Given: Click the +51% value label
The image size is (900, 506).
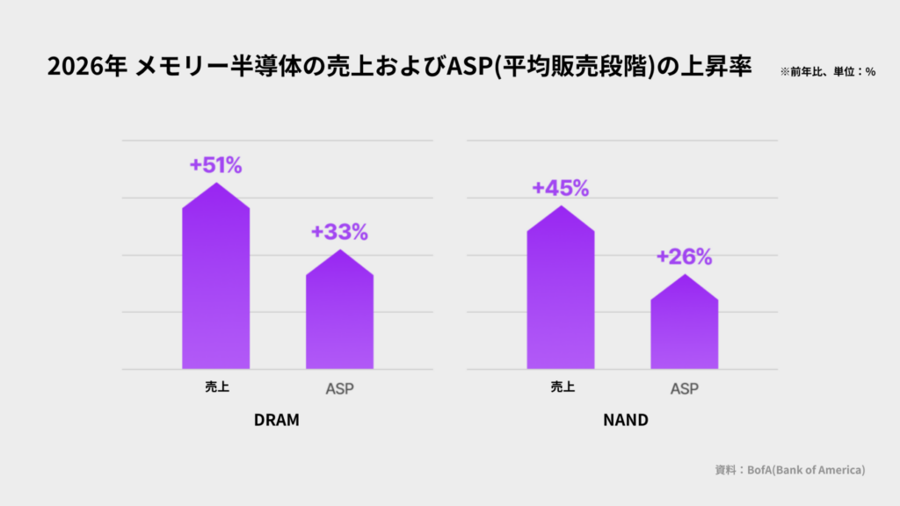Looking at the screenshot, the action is tap(216, 165).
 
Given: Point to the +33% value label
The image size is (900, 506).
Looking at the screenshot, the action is tap(339, 232).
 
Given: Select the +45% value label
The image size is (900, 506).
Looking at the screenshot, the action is tap(560, 188).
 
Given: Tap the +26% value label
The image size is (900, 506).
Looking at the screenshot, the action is tap(684, 257).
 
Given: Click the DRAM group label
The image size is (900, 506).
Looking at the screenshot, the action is tap(277, 420).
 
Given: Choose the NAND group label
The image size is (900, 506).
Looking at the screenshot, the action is tap(626, 420).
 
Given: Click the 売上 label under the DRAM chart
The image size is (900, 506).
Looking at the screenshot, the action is tap(217, 387).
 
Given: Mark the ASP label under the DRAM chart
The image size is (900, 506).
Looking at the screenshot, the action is tap(340, 389).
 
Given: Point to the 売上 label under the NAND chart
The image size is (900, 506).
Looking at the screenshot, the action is tap(562, 387).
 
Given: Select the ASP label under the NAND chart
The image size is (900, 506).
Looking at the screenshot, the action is tap(685, 389).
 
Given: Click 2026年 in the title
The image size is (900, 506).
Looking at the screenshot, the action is tap(87, 67).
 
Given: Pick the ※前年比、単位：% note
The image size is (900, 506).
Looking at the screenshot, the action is tap(828, 72).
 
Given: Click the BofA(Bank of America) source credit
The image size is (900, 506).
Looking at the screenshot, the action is tap(806, 470).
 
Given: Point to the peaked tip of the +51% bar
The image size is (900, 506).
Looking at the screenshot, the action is tap(216, 183).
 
